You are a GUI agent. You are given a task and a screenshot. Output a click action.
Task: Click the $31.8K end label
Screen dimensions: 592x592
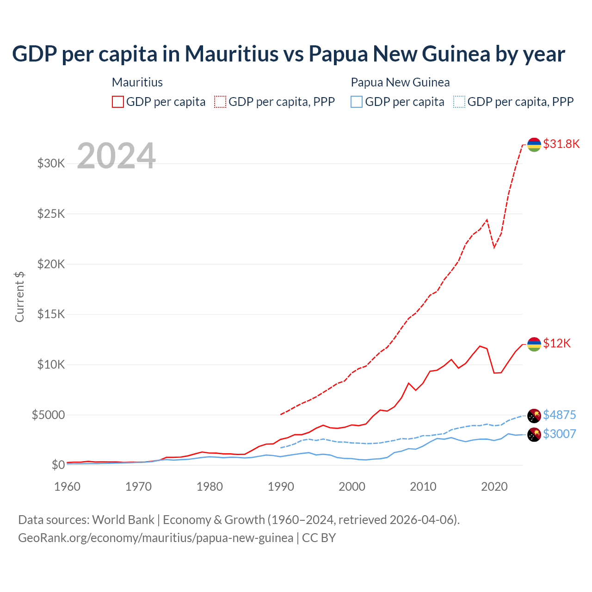561,144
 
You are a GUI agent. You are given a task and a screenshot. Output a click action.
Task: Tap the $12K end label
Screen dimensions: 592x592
557,343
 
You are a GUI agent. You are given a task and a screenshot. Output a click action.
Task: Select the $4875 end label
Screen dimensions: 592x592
559,415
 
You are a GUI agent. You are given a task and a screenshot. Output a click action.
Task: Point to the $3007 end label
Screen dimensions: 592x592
559,434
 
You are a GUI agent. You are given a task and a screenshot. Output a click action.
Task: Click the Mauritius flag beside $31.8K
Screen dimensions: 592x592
534,144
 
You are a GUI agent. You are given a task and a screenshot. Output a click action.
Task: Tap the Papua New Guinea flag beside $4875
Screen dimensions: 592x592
534,416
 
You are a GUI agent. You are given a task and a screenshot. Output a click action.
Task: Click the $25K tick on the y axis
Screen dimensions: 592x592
51,214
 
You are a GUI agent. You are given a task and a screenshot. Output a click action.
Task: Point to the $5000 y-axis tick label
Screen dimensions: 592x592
48,415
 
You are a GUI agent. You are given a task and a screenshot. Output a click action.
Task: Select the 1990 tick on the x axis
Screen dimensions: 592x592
281,487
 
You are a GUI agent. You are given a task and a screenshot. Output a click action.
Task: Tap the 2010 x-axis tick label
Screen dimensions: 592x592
423,487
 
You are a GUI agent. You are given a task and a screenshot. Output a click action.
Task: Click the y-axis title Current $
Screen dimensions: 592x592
19,297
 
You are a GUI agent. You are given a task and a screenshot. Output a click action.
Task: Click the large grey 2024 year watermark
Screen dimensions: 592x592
116,156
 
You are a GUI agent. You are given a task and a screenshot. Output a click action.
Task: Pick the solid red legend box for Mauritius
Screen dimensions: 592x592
118,102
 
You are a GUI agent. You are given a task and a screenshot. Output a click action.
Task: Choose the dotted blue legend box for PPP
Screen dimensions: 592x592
459,102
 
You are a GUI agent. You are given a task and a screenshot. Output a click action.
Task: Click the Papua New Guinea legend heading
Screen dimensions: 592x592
400,82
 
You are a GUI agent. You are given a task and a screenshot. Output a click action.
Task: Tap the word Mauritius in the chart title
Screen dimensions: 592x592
231,54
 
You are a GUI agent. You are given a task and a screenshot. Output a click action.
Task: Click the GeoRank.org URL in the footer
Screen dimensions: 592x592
155,538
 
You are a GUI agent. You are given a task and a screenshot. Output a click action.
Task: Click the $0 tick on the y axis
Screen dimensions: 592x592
58,465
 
